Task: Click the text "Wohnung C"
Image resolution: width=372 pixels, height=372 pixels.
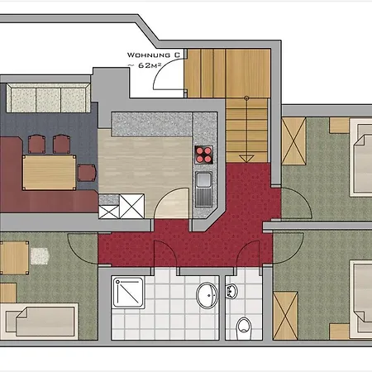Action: click(x=154, y=55)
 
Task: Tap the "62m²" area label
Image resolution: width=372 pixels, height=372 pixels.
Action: click(x=150, y=65)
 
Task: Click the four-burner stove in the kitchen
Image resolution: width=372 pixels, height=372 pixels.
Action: click(x=203, y=155)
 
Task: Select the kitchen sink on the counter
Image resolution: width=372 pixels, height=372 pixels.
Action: click(x=203, y=188)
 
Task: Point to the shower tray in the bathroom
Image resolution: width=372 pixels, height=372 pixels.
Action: click(x=128, y=292)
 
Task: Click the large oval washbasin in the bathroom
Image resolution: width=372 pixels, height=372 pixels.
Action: click(x=207, y=295)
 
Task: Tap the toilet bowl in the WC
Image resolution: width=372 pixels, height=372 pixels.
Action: click(x=244, y=328)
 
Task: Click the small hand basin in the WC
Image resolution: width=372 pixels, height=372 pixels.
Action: click(x=231, y=291)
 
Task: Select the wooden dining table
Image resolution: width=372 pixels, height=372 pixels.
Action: click(x=50, y=173)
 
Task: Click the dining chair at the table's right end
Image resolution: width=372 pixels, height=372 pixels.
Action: click(x=87, y=173)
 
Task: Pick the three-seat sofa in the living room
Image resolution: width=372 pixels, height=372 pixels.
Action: click(x=49, y=98)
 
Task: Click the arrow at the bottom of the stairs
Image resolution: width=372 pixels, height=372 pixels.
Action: click(x=246, y=159)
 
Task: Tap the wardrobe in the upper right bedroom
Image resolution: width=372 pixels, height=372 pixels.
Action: click(x=293, y=141)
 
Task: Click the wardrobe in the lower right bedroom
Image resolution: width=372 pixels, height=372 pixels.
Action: click(x=285, y=316)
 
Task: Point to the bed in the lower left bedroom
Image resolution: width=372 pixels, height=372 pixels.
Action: click(x=39, y=322)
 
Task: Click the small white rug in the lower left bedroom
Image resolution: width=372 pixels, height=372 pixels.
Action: click(x=40, y=256)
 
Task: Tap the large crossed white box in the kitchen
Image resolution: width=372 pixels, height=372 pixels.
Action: click(x=132, y=207)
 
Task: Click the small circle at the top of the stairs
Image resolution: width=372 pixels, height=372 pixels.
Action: click(x=246, y=98)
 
